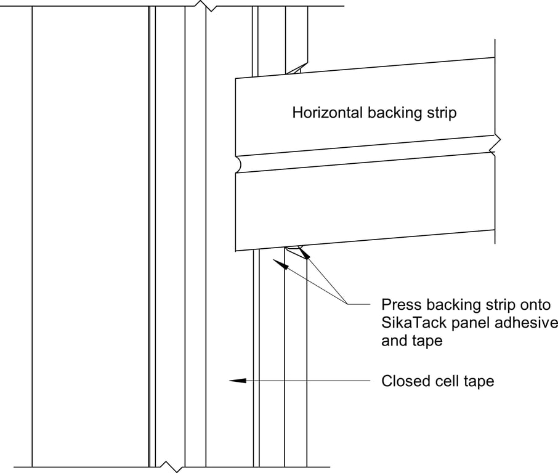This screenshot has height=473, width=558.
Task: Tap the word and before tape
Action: pyautogui.click(x=394, y=341)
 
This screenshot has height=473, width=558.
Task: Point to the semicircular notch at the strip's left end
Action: pyautogui.click(x=238, y=164)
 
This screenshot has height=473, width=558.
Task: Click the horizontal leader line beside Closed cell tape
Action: pyautogui.click(x=308, y=381)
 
